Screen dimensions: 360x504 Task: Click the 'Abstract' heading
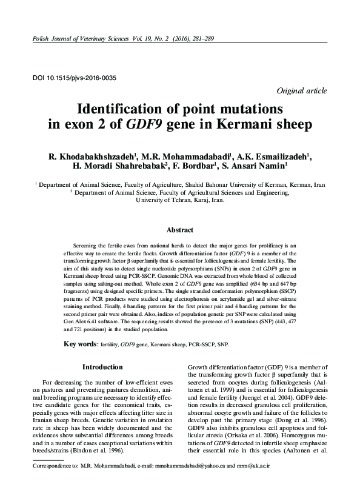(x=179, y=230)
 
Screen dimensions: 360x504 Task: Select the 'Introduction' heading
(x=102, y=367)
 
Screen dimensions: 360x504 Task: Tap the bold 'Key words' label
(x=81, y=344)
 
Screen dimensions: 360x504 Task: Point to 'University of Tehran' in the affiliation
(x=162, y=198)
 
